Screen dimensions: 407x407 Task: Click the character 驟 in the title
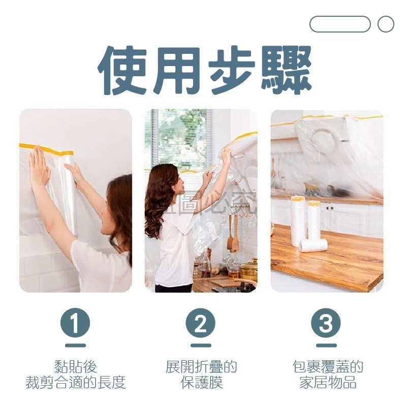coord(285,70)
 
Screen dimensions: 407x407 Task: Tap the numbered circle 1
coord(75,323)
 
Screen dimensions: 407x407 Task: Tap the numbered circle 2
coord(201,323)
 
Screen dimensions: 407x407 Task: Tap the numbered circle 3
coord(326,323)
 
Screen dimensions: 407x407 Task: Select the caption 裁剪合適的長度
coord(75,383)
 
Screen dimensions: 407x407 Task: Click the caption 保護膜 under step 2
coord(201,383)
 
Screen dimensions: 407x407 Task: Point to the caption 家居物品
coord(327,383)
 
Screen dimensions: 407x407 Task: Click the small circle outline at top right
coord(386,24)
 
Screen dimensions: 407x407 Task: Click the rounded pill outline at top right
coord(340,24)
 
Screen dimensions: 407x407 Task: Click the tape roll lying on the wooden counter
coord(313,245)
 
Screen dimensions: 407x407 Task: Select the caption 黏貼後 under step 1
coord(75,366)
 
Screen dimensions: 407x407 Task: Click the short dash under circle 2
coord(201,346)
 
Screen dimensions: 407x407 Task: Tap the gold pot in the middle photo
coord(248,269)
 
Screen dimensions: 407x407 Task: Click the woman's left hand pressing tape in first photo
coord(39,165)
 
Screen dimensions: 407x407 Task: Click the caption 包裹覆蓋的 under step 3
coord(327,366)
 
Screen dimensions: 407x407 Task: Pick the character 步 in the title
coord(231,70)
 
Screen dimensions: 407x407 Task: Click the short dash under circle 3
coord(326,346)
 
